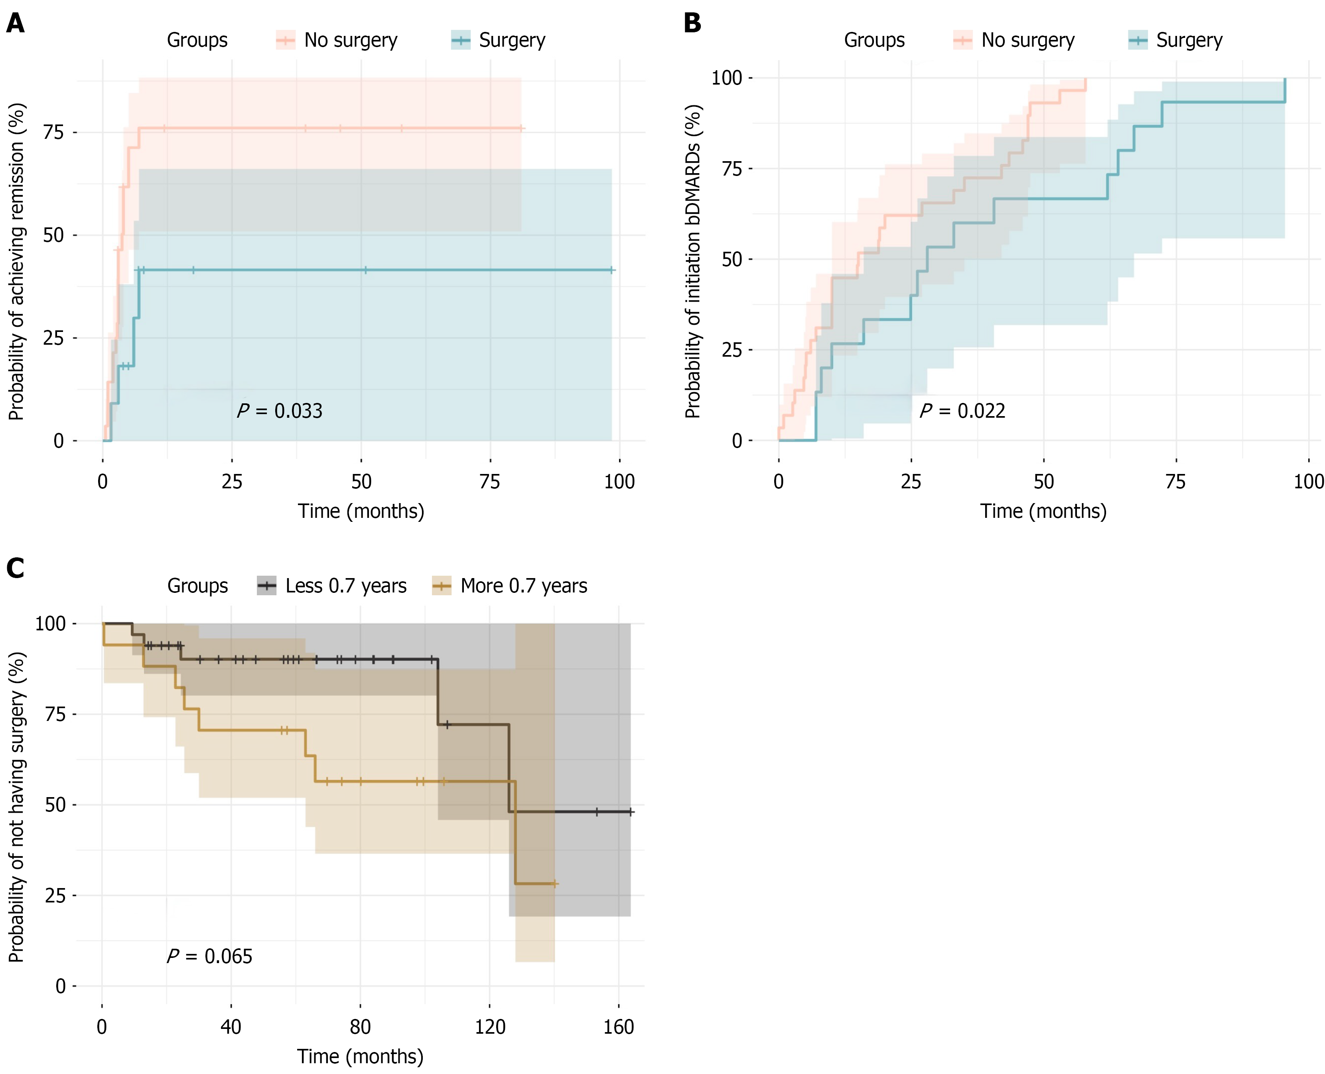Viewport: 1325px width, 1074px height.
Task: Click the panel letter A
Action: click(16, 24)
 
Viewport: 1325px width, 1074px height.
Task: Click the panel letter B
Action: click(692, 24)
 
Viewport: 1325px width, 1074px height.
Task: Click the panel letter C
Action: click(16, 568)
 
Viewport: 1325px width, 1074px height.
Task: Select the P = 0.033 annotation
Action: click(280, 411)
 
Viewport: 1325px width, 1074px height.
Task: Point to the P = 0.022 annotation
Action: click(962, 411)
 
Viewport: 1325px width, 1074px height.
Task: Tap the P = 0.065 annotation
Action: click(210, 956)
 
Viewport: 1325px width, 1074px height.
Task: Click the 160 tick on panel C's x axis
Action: click(619, 1027)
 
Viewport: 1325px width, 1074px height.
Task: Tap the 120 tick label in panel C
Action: click(490, 1027)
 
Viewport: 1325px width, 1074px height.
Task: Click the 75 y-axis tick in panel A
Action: click(54, 132)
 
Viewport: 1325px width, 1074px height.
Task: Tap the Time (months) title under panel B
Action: click(1043, 511)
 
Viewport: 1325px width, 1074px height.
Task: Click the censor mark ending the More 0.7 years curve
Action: click(554, 884)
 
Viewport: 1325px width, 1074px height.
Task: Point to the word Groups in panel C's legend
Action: click(197, 586)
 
